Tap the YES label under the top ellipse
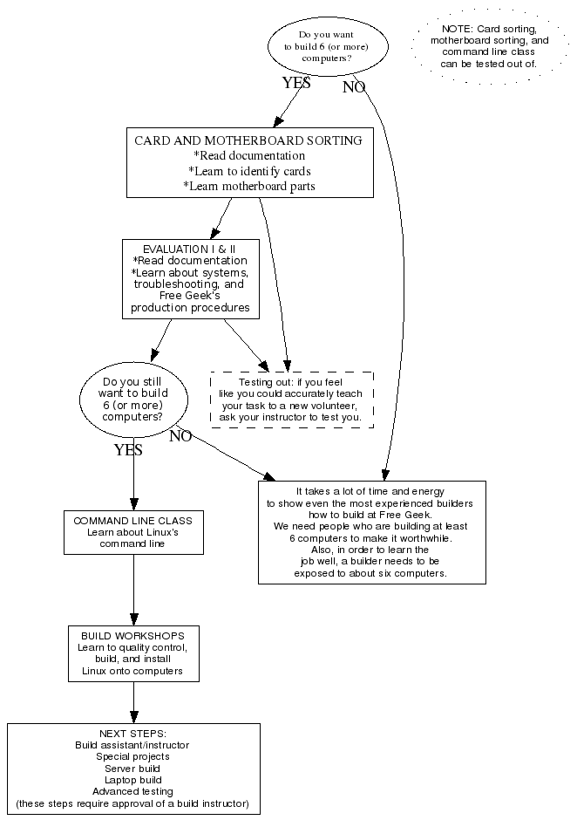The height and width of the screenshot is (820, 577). [296, 84]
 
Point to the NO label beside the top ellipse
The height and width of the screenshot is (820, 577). [354, 87]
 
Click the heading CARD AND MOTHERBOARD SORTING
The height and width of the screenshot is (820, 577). [248, 140]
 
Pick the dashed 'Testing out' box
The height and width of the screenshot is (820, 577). [292, 400]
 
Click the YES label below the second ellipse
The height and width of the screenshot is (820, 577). [128, 451]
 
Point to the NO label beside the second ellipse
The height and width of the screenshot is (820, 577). [180, 437]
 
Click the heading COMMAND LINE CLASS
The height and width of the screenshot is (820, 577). [132, 521]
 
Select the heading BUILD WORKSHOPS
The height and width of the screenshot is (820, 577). [132, 635]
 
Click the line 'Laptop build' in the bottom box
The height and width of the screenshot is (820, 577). [132, 779]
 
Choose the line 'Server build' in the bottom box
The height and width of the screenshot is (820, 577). [132, 768]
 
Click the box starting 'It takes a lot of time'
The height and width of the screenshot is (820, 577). [371, 532]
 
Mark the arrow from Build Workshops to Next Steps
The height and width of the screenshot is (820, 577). [133, 702]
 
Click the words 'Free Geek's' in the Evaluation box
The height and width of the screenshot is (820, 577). [189, 296]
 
